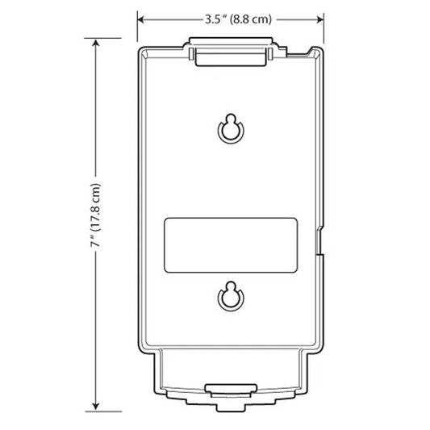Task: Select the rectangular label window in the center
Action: point(231,243)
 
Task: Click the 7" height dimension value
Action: point(96,241)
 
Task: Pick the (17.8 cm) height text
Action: point(96,203)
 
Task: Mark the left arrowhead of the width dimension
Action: point(141,19)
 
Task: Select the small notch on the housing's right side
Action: point(321,243)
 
